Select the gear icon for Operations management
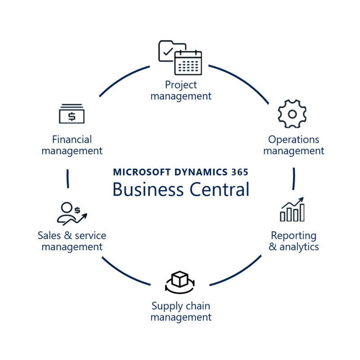tap(292, 114)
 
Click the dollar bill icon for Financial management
tap(72, 114)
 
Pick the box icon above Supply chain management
tap(180, 279)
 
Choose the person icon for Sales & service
tap(67, 212)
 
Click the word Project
tap(181, 85)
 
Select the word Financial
tap(72, 139)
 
